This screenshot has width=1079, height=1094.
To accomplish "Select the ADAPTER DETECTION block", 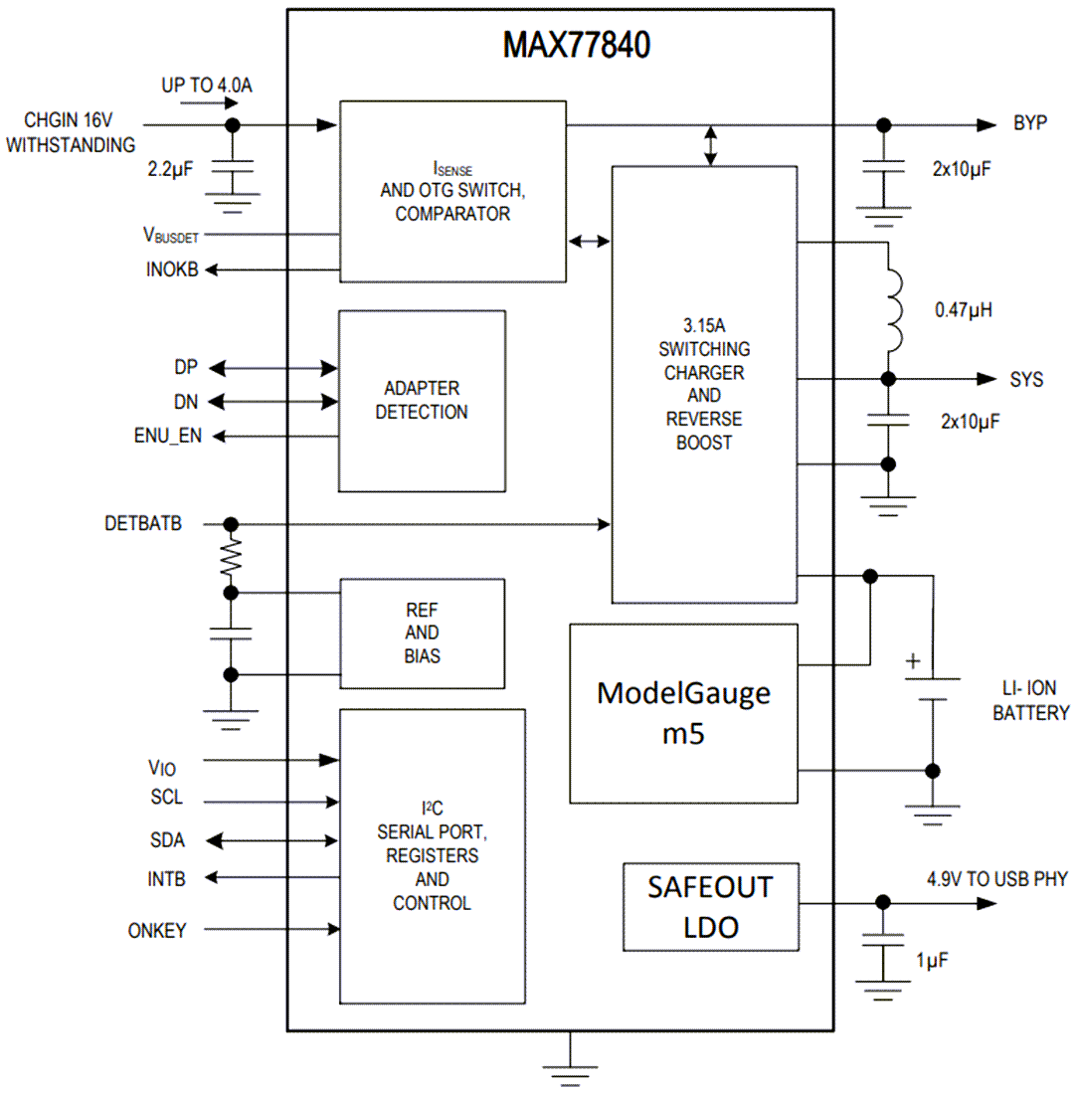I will [x=422, y=400].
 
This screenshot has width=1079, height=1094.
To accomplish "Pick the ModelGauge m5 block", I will [x=683, y=713].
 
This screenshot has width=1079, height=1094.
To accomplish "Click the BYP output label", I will [x=1030, y=125].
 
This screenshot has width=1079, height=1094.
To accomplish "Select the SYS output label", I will [x=1027, y=380].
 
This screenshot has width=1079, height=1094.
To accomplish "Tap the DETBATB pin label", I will [x=142, y=524].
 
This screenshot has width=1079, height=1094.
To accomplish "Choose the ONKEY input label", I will [x=156, y=930].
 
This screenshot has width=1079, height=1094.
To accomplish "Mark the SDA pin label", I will [x=167, y=840].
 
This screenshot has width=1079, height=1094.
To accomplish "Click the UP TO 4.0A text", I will [x=207, y=86].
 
